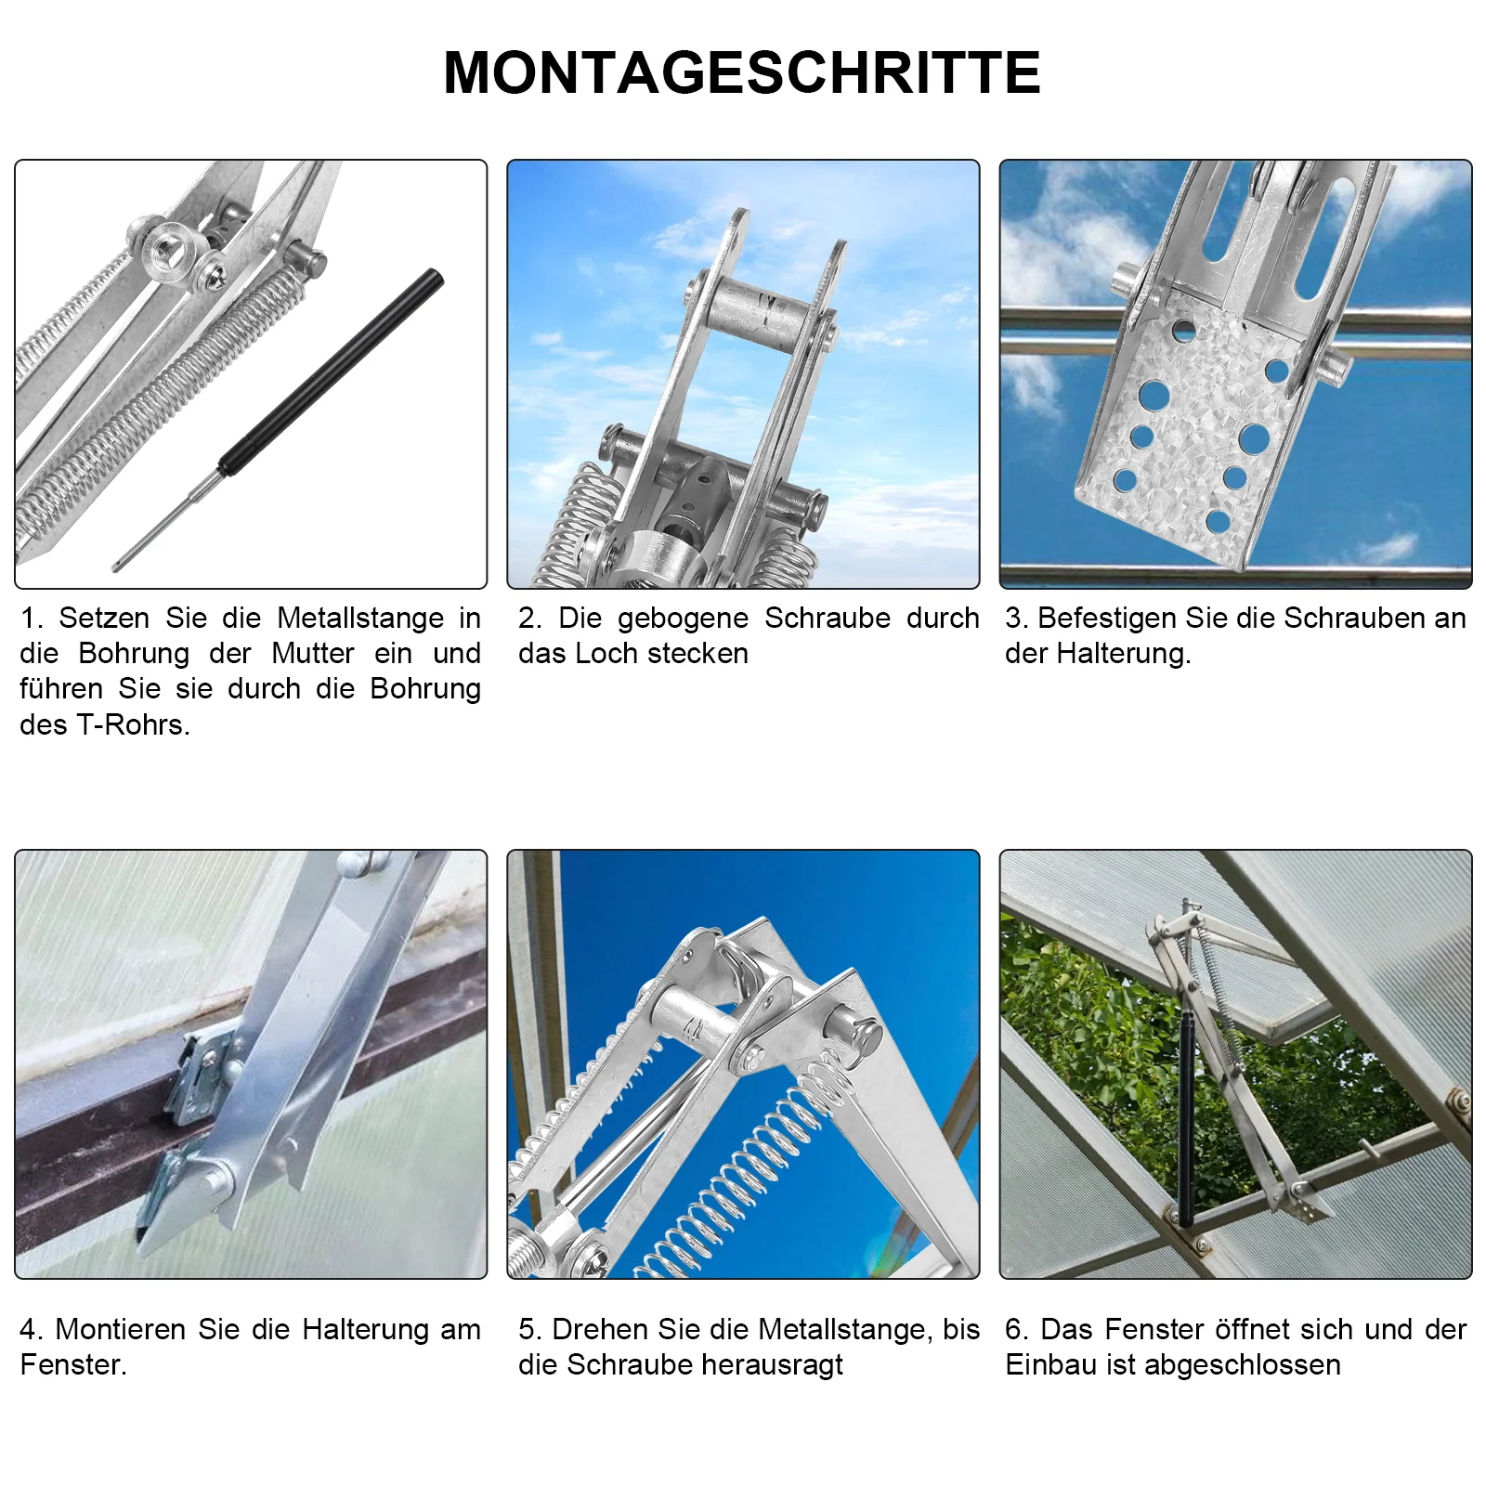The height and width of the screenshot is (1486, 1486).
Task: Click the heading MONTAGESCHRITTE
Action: point(742,72)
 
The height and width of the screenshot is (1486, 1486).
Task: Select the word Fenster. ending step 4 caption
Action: point(73,1364)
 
